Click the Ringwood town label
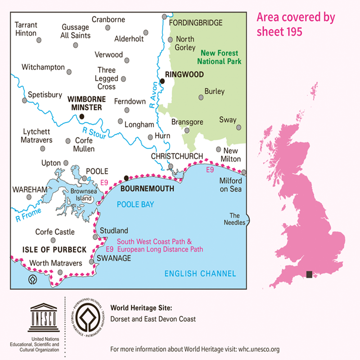click(x=184, y=74)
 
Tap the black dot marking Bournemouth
click(x=126, y=178)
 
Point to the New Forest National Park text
click(x=220, y=57)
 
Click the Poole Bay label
click(x=135, y=205)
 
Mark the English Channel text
click(x=200, y=273)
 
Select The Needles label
click(x=237, y=219)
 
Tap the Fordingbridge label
click(x=195, y=22)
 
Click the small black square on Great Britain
click(x=309, y=274)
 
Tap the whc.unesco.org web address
click(x=259, y=349)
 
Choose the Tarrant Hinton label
click(x=26, y=29)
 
